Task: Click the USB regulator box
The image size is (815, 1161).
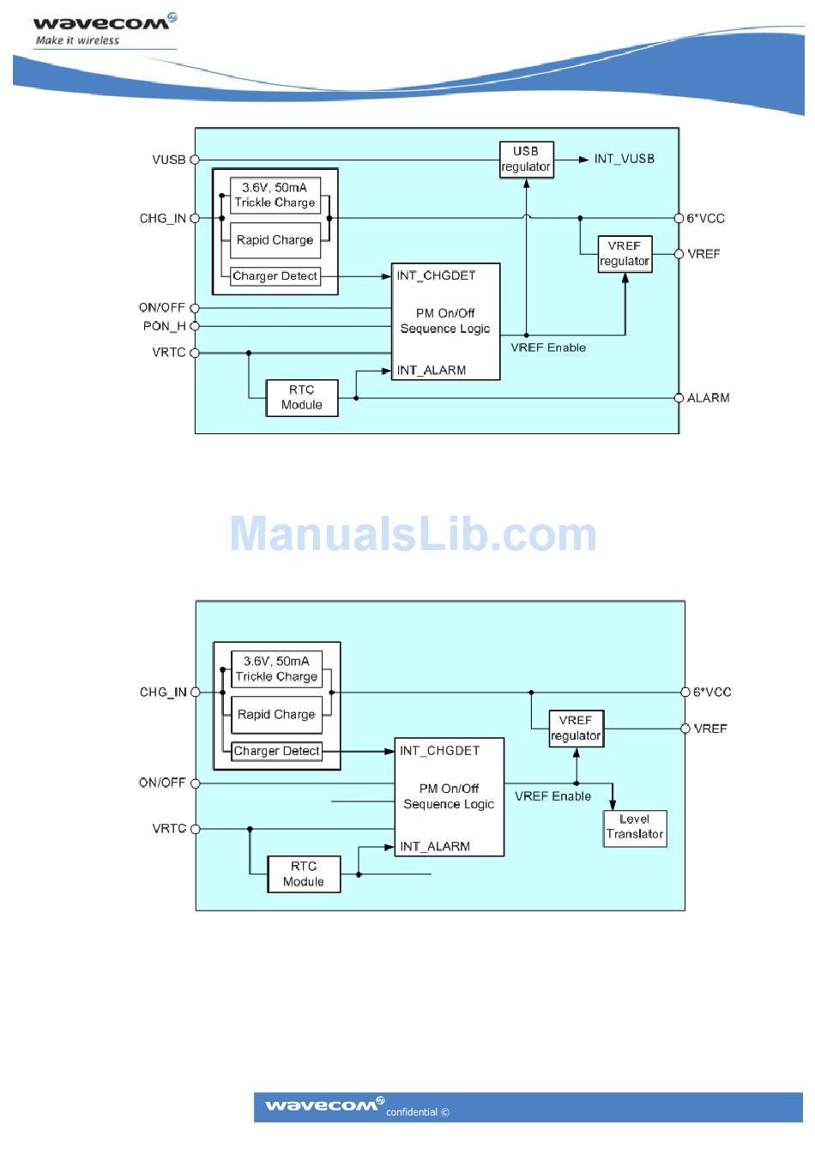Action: point(526,160)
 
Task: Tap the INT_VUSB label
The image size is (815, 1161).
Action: point(624,159)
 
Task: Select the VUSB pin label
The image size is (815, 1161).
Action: point(168,160)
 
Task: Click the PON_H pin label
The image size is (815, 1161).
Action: point(164,326)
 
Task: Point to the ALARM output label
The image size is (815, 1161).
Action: point(708,398)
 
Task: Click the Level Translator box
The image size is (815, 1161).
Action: point(635,827)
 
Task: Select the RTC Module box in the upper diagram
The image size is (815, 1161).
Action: point(302,398)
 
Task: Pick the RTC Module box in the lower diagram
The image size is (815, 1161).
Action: point(304,874)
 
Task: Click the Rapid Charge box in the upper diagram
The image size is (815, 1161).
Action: point(275,240)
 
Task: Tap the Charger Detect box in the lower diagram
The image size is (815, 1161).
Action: point(276,751)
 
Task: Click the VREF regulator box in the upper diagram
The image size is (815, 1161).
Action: point(625,254)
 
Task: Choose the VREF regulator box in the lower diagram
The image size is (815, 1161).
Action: point(576,729)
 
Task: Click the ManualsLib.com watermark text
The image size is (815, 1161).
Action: point(413,535)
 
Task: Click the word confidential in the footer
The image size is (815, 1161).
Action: point(412,1112)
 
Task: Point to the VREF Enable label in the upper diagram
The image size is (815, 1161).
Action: point(548,348)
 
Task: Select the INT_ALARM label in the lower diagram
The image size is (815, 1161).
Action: point(435,847)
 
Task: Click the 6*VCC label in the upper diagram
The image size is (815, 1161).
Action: point(705,219)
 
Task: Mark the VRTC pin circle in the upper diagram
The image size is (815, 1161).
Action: point(195,353)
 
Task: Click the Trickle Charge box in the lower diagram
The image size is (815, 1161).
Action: point(276,669)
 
